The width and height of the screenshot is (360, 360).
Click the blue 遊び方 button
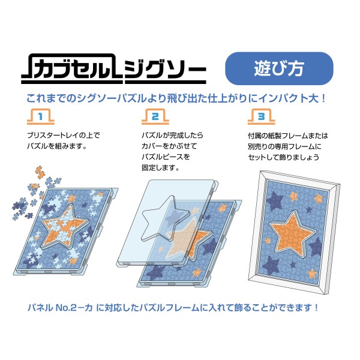[x=279, y=68]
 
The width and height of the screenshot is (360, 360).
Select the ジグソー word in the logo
[x=165, y=70]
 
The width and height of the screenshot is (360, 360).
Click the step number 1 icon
[x=41, y=116]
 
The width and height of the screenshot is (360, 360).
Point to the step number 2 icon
[x=155, y=116]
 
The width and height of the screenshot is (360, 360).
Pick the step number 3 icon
[x=261, y=116]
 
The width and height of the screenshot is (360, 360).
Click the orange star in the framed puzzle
[x=292, y=233]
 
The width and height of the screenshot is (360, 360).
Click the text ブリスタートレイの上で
[x=64, y=135]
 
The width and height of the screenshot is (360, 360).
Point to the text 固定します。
[x=160, y=168]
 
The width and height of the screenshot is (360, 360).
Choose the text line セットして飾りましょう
[x=283, y=157]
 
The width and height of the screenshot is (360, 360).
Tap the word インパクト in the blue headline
[x=279, y=98]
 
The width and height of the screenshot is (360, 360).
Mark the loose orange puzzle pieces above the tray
[x=40, y=172]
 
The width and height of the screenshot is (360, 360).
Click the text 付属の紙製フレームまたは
[x=288, y=136]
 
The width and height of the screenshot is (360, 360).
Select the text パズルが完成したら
[x=172, y=135]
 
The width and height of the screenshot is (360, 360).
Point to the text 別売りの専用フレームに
[x=284, y=146]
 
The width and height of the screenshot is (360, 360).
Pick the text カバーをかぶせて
[x=169, y=146]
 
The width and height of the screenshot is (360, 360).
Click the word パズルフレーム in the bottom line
[x=170, y=307]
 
